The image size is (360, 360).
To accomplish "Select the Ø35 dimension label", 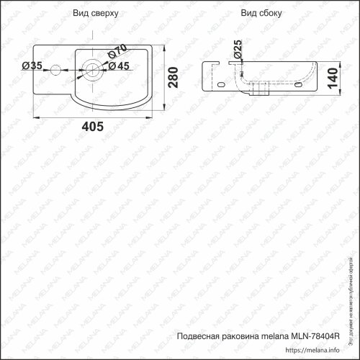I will click(x=33, y=66).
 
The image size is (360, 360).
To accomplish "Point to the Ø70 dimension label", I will click(x=118, y=52).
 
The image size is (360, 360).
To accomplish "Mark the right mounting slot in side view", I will click(x=302, y=85).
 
